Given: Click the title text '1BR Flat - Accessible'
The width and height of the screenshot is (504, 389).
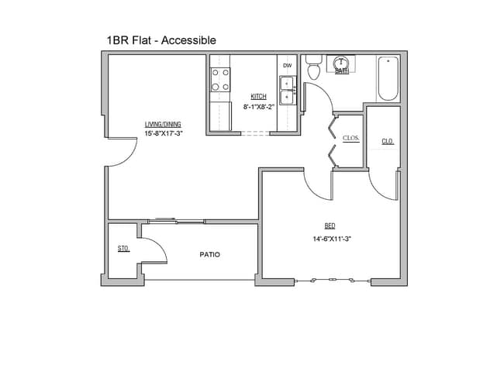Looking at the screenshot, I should click(161, 40).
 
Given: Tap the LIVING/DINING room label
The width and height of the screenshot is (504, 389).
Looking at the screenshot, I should click(163, 124).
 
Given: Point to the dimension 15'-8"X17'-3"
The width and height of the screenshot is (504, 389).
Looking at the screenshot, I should click(163, 133).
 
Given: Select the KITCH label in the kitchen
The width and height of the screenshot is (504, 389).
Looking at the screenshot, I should click(258, 97).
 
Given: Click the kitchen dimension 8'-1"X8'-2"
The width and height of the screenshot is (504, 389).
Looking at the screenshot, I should click(258, 106).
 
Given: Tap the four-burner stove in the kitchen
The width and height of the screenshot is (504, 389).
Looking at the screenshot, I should click(220, 80).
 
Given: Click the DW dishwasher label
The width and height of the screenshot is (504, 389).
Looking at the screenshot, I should click(287, 66).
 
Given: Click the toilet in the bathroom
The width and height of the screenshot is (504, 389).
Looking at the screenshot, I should click(314, 70).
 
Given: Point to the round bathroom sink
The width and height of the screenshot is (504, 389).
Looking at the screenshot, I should click(341, 63).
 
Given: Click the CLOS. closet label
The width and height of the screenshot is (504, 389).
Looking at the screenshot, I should click(350, 138).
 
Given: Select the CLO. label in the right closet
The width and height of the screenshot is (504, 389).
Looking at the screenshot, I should click(387, 141).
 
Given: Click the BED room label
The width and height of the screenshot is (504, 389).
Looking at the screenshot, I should click(330, 225).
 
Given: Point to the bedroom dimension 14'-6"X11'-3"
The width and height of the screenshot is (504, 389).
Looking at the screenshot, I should click(332, 239).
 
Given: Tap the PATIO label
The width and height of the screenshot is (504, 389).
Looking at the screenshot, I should click(209, 254).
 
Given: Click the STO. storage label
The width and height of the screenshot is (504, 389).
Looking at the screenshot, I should click(123, 249).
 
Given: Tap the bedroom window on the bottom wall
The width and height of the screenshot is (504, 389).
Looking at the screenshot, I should click(333, 280).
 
